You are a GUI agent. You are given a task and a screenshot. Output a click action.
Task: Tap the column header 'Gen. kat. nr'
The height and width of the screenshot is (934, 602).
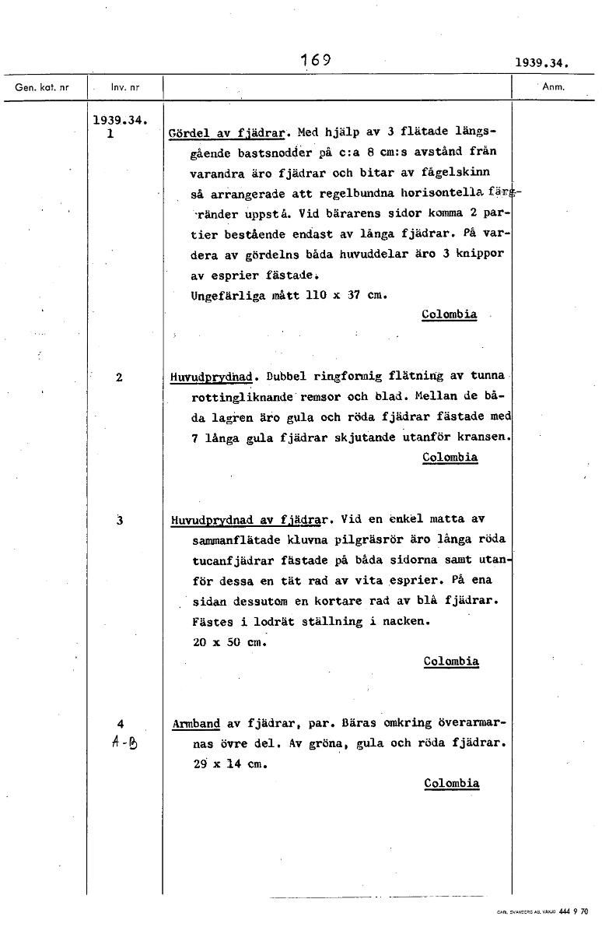tap(42, 87)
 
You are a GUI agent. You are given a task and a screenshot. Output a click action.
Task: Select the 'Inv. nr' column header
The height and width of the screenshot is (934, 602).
tap(124, 87)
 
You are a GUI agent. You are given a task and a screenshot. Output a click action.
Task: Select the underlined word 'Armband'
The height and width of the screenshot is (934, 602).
tap(195, 723)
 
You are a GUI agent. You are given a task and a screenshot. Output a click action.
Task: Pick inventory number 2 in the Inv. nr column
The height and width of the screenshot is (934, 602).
tap(118, 377)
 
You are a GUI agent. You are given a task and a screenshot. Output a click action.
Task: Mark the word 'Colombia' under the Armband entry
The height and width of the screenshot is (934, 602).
tap(452, 783)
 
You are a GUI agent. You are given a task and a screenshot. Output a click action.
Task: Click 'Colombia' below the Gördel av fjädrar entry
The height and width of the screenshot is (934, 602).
tap(449, 314)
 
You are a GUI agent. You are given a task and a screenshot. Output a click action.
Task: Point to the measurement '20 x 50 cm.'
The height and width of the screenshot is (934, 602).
tap(229, 642)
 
